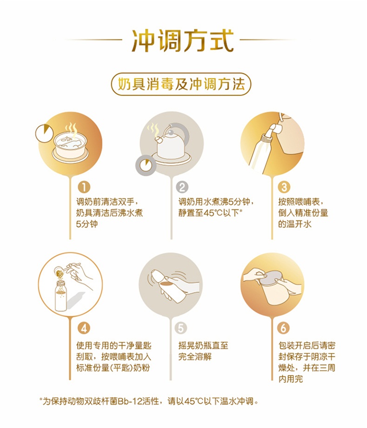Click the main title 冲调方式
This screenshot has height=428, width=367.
pos(183,41)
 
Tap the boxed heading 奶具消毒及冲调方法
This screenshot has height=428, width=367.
pos(181,84)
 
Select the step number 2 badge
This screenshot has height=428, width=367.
pos(182,187)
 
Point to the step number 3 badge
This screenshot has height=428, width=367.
pos(284,187)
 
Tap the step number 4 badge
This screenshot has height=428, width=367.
pos(84,328)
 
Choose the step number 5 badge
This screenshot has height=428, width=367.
pos(181,328)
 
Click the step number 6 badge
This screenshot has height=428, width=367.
pos(283,328)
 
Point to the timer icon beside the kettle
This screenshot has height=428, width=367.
pos(145,165)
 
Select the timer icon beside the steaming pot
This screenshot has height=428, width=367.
pos(45,133)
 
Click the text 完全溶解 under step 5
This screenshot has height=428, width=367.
pos(195,357)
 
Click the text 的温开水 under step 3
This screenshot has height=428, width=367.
pos(295,224)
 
